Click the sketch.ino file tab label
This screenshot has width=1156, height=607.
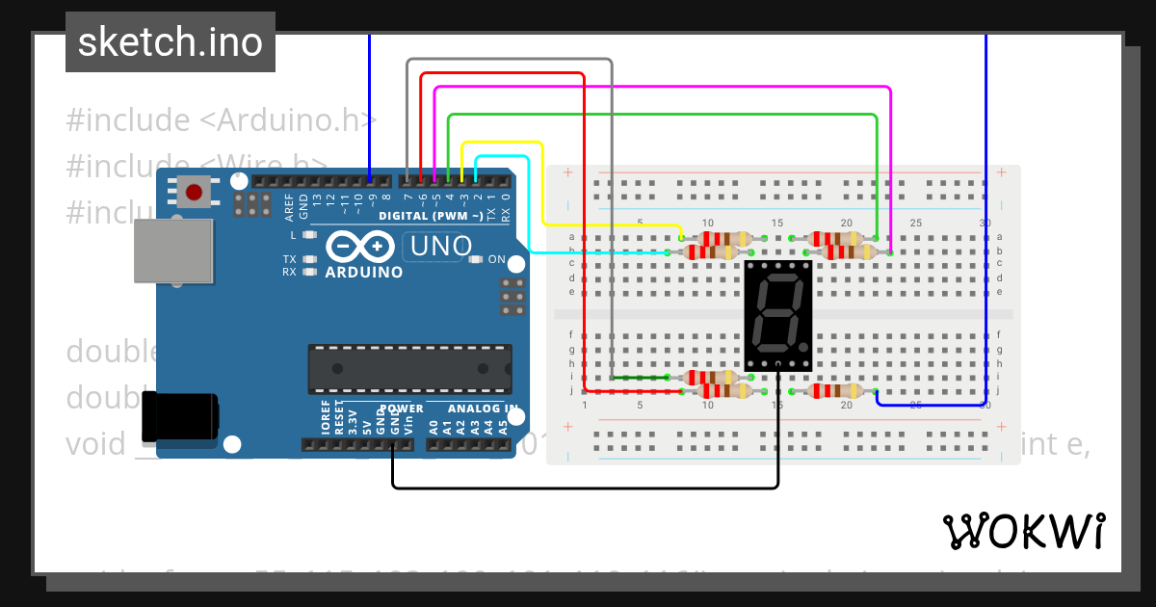[170, 42]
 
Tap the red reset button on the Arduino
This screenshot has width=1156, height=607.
[194, 193]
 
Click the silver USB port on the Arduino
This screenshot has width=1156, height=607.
[172, 251]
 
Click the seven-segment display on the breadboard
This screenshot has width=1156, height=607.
[778, 315]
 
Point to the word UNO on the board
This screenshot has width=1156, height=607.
[440, 247]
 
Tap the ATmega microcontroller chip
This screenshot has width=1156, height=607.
[409, 368]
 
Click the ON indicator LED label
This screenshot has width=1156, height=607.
[496, 259]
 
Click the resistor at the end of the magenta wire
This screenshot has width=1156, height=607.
[848, 252]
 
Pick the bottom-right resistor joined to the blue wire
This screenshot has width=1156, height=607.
[834, 391]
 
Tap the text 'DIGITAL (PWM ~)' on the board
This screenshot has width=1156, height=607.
[431, 215]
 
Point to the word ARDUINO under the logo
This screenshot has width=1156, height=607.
[364, 272]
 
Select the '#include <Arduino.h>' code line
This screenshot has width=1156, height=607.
[221, 120]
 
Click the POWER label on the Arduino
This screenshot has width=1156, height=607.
[401, 409]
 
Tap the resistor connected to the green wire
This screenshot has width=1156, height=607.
[834, 238]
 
